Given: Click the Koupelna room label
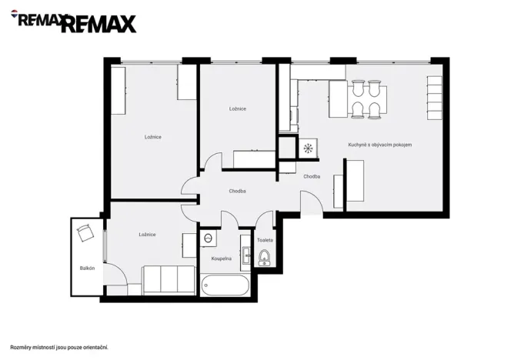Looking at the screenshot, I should point(221,258).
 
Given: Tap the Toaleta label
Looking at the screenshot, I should point(265,240).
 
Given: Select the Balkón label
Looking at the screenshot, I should point(87,268).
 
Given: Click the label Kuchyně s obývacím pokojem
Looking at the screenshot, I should point(379,145).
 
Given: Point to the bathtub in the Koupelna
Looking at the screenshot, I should point(225,285).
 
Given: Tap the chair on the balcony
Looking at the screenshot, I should point(85,232).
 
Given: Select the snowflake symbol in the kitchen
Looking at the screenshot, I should point(308,148).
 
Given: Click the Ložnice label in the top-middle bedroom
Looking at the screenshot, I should point(238,108).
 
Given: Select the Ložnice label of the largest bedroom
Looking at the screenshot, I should point(153,137).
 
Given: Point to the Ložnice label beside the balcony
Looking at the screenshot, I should point(148,234).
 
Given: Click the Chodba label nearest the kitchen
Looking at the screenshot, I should point(312,176).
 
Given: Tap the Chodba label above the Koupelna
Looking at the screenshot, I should point(238,191).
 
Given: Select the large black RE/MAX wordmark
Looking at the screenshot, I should point(98,25).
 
